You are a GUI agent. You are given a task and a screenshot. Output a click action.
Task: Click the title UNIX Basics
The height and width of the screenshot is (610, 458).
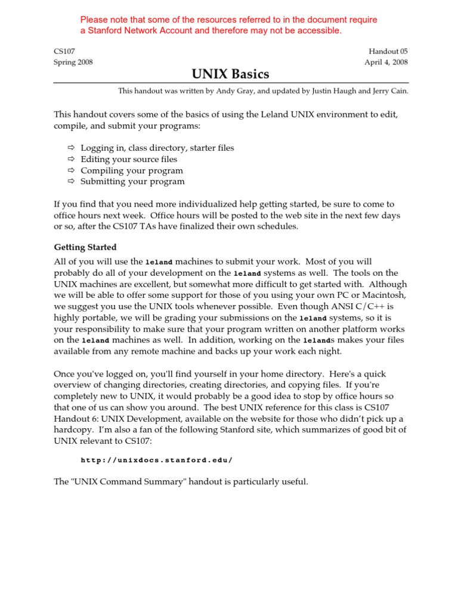coord(230,74)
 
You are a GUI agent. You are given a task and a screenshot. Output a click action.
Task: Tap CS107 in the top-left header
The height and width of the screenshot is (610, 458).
coord(64,52)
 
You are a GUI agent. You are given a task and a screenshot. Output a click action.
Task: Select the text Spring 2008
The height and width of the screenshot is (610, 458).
coord(73,62)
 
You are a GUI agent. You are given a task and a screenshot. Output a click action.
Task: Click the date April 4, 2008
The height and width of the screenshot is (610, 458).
coord(386,62)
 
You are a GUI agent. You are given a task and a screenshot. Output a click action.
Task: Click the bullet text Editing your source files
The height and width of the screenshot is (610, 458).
coord(129,159)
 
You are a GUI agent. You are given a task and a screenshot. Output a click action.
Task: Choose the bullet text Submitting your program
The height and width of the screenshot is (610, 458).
coord(132,182)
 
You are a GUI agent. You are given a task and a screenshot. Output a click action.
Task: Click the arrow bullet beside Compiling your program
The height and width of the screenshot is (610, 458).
coord(70,170)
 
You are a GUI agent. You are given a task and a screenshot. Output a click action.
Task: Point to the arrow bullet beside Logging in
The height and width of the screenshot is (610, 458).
coord(70,148)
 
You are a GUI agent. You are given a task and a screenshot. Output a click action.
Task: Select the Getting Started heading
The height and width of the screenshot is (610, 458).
coord(85,247)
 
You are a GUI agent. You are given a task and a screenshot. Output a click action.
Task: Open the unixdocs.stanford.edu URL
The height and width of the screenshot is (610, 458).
coord(156,460)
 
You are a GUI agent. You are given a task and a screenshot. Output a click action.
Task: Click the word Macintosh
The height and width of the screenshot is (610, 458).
coord(386,295)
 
